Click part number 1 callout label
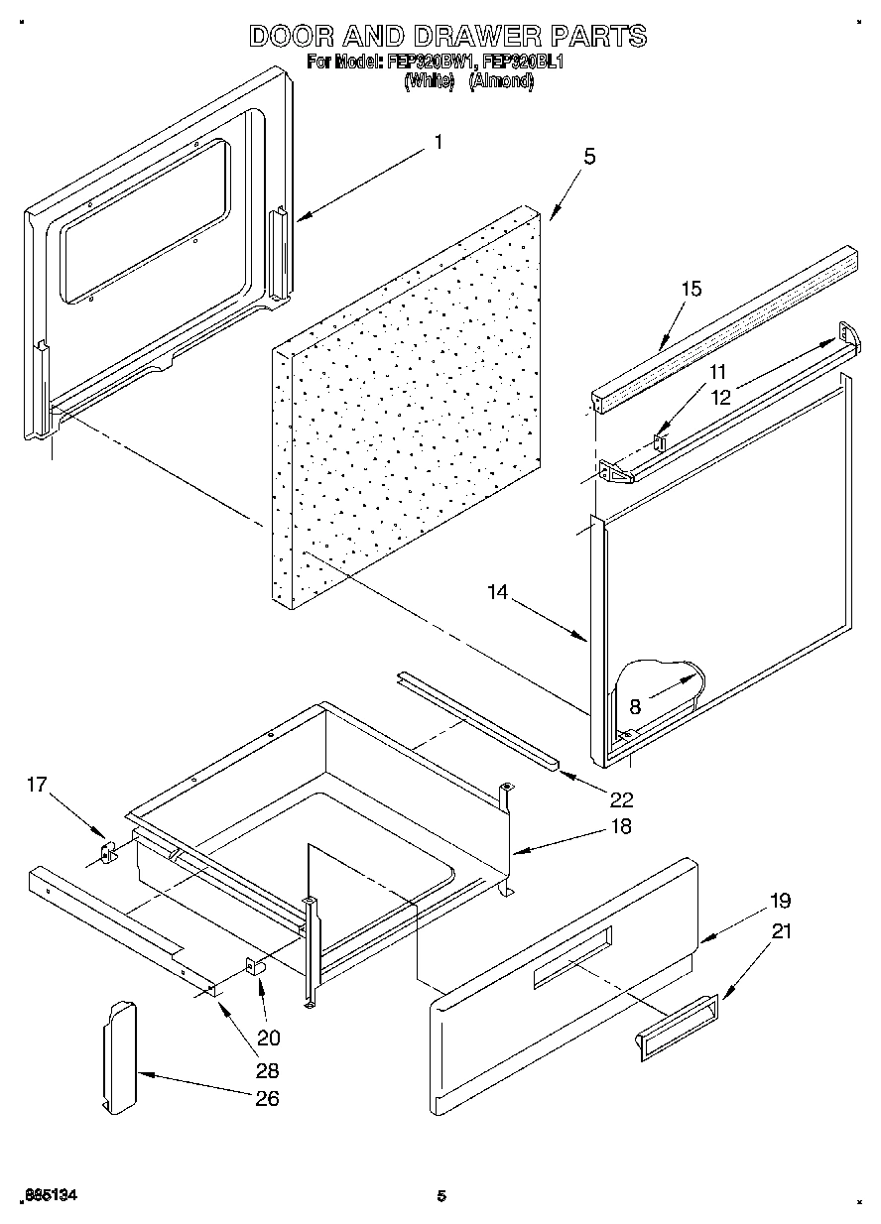438,142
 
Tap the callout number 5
589,156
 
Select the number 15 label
691,289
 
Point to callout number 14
497,592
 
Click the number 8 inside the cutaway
635,705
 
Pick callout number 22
622,798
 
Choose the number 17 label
37,785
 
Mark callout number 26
267,1098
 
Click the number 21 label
784,932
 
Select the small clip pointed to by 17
108,852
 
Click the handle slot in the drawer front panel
572,957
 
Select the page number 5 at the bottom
441,1196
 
